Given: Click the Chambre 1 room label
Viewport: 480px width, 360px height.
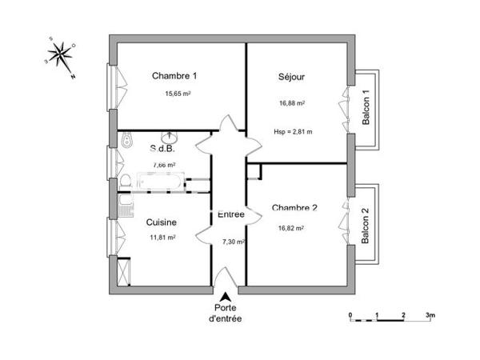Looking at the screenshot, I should click(174, 76).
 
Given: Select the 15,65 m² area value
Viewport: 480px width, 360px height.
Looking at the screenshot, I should click(178, 94).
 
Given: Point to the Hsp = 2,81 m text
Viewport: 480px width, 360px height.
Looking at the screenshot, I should click(293, 131).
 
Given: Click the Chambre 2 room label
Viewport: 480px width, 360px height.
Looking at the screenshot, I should click(294, 208).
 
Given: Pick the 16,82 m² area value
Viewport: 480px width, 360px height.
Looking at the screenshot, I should click(292, 228).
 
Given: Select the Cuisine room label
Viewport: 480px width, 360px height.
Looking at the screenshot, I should click(162, 222).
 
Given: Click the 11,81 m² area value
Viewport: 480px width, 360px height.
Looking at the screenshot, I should click(162, 238).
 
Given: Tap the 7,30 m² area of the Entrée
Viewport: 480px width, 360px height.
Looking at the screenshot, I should click(233, 241).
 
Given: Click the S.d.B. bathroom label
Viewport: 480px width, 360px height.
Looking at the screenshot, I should click(162, 149).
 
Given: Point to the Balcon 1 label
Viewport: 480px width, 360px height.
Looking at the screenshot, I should click(366, 107).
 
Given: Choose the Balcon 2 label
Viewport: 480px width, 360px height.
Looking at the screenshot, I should click(366, 226).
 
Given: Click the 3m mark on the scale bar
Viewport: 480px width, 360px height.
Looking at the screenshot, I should click(430, 315).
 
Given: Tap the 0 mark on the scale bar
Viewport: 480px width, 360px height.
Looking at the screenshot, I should click(350, 315).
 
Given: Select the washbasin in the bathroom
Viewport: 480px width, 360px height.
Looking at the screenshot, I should click(170, 138).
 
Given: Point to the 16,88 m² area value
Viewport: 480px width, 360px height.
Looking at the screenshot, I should click(293, 102).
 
